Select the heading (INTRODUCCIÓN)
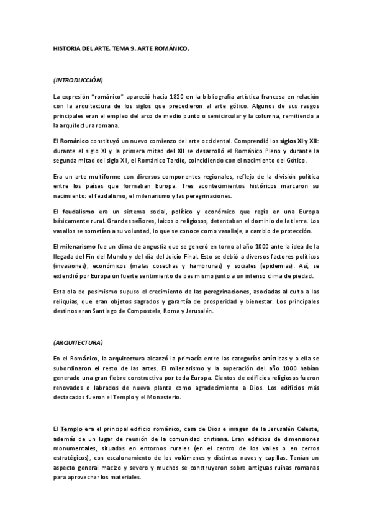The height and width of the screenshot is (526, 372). [78, 80]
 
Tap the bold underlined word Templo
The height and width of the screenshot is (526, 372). [71, 429]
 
